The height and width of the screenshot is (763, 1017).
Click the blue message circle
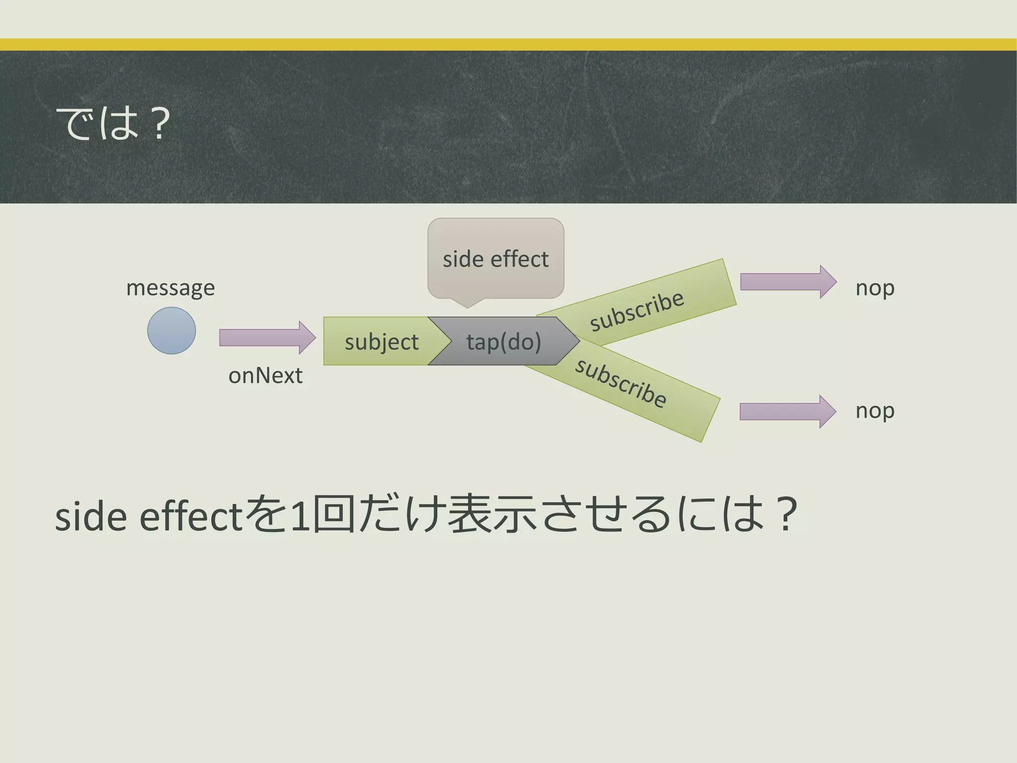pyautogui.click(x=171, y=330)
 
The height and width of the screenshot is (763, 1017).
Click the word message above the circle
pyautogui.click(x=170, y=288)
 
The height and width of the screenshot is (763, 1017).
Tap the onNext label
pyautogui.click(x=265, y=376)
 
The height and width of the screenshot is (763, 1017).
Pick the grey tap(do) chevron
pyautogui.click(x=504, y=342)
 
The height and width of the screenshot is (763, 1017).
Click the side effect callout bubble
pyautogui.click(x=496, y=258)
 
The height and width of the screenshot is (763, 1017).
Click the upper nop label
pyautogui.click(x=875, y=288)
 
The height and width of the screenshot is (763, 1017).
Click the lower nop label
pyautogui.click(x=875, y=411)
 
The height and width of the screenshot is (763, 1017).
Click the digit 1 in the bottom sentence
pyautogui.click(x=300, y=517)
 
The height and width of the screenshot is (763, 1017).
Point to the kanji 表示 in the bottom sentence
pyautogui.click(x=492, y=515)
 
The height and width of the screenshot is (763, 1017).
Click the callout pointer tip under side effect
pyautogui.click(x=467, y=306)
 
